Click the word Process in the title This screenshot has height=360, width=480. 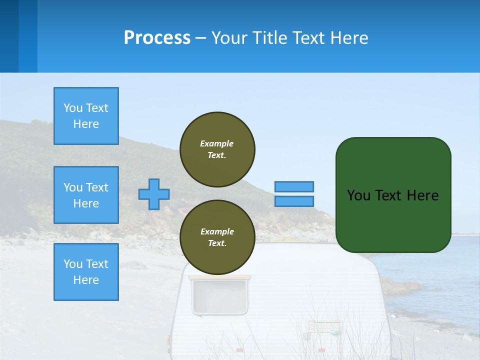pos(157,38)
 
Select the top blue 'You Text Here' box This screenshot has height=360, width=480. pos(86,116)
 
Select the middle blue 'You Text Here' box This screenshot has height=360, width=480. pos(86,195)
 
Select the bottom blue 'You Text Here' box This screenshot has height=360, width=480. pos(86,272)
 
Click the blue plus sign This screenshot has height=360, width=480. pos(154,194)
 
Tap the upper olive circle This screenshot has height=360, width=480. pos(217,149)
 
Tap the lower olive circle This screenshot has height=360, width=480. pos(217,237)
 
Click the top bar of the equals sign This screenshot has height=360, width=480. pos(294,186)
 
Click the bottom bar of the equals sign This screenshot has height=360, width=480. pos(294,201)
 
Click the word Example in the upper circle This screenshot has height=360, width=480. pos(217,143)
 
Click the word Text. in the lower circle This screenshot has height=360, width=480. pos(217,243)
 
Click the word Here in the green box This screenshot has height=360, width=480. pos(422,195)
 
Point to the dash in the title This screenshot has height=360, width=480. pos(200,38)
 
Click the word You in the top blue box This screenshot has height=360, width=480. pos(73,108)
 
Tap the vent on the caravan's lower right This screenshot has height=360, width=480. pos(323,326)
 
